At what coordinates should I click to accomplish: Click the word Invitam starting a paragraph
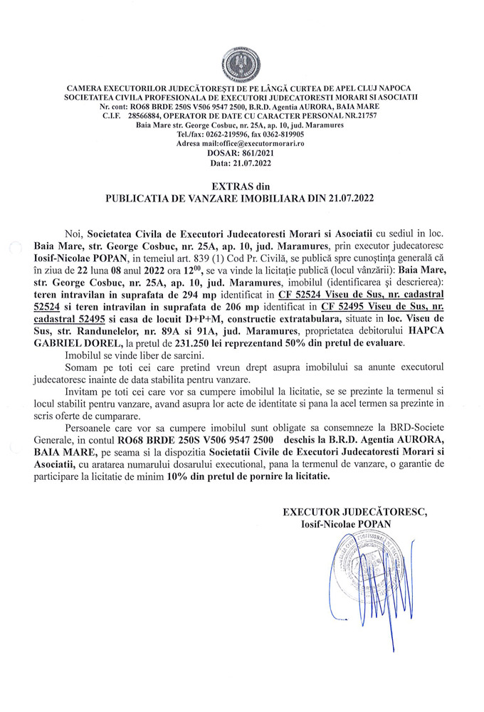pyautogui.click(x=83, y=392)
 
